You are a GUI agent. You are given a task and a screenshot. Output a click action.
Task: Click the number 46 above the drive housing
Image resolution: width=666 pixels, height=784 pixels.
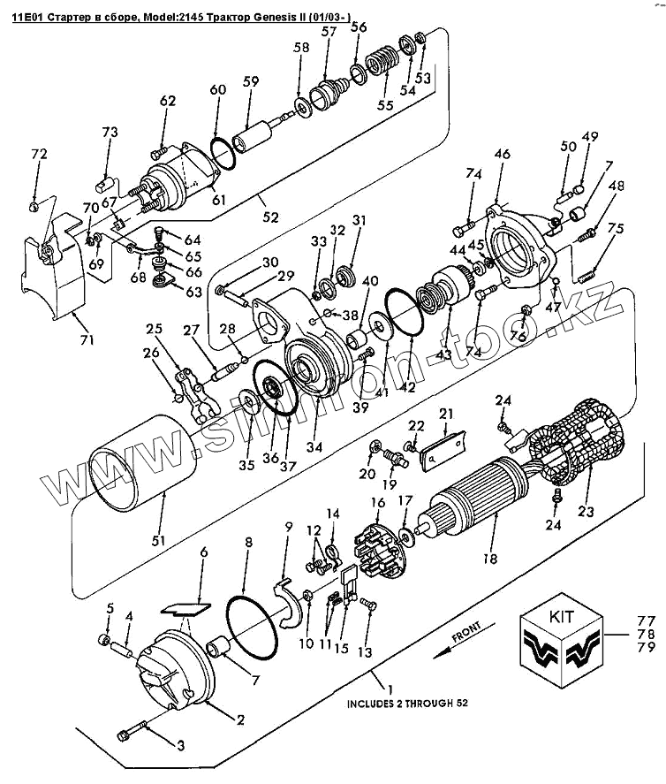point(502,155)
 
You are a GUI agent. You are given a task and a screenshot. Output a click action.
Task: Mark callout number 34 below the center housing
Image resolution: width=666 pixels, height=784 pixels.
point(313,446)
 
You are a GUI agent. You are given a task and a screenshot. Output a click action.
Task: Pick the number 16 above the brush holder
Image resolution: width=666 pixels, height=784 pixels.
point(377,504)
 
